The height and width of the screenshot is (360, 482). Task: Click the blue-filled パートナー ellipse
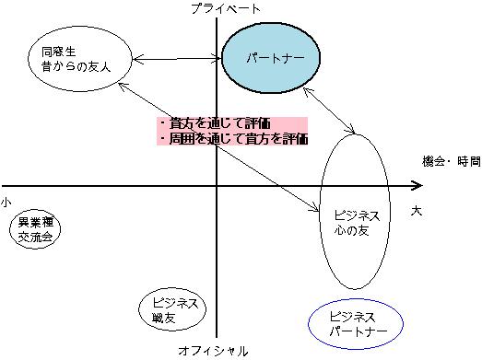tap(271, 57)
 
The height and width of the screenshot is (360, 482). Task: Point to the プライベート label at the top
tap(226, 8)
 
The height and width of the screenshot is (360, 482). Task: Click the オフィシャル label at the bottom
tap(213, 351)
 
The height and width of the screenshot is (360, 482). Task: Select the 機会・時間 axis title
tap(452, 161)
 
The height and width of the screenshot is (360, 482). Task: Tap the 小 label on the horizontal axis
tap(6, 203)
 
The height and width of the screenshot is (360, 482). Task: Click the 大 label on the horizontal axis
tap(417, 211)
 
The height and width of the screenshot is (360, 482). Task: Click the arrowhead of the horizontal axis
tap(417, 186)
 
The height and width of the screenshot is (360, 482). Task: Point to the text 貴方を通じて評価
tap(219, 123)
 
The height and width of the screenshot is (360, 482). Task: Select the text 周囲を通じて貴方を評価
tap(239, 138)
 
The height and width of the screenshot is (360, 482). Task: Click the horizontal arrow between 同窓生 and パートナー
tap(177, 58)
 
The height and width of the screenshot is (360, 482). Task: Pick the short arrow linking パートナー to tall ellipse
tap(329, 110)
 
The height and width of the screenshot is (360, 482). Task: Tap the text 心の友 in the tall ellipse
tap(351, 230)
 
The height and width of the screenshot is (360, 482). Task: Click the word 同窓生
tap(58, 52)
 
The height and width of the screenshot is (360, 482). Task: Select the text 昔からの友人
tap(76, 66)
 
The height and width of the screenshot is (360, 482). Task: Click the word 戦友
tap(164, 318)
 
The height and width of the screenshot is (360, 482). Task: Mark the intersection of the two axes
tap(217, 186)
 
